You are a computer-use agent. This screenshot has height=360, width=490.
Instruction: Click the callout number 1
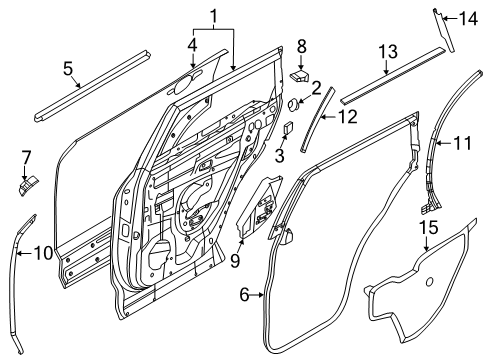coord(212,17)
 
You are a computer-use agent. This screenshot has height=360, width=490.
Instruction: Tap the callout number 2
coord(315,88)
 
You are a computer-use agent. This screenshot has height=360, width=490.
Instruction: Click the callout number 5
coord(68,69)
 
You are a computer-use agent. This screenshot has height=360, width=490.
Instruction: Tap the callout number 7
coord(27,157)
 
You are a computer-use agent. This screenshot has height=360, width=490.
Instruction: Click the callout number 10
coord(42,252)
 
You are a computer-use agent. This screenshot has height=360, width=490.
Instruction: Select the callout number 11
coord(461,143)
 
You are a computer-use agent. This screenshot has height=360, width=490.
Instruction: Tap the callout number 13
coord(388,51)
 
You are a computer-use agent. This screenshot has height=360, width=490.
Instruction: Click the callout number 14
coord(468,17)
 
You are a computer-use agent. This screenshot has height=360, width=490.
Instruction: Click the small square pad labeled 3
coord(286,127)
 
